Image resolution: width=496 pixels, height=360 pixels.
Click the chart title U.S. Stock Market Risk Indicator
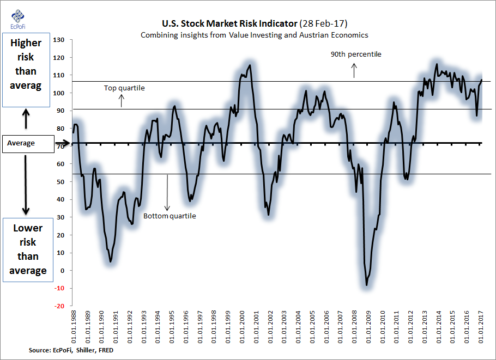coord(229,23)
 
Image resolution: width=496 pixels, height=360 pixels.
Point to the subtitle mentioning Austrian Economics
coord(255,35)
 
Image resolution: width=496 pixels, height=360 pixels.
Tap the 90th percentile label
coord(356,54)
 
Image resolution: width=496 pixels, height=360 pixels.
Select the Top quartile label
coord(124,88)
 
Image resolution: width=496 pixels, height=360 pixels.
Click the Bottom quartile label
coord(170,216)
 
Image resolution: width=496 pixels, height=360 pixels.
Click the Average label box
coord(27,143)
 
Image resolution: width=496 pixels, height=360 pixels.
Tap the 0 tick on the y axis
coord(63,271)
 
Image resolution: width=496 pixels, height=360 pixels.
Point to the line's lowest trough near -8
coord(367,285)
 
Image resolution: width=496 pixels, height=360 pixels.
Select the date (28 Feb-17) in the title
coord(325,23)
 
